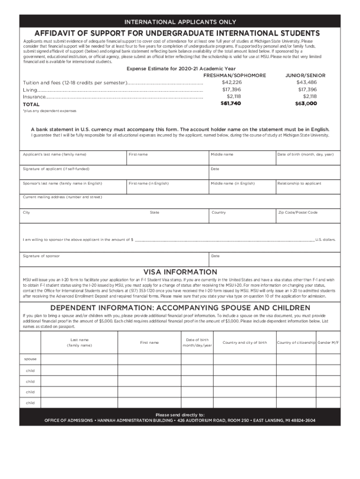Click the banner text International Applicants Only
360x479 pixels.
180,22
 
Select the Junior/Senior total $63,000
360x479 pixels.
306,103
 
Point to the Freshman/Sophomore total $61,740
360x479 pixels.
230,103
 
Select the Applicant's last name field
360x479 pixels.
73,158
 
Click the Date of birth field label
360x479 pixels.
305,154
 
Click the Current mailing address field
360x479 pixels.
180,201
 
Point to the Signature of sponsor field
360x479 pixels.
114,259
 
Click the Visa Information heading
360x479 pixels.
180,272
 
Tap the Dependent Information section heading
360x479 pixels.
180,307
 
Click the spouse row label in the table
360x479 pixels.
30,359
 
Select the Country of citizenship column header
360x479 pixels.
296,342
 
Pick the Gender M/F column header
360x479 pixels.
328,342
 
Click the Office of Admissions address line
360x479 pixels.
180,420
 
